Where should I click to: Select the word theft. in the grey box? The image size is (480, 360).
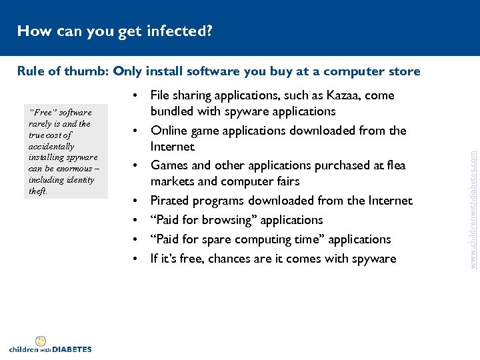[38, 191]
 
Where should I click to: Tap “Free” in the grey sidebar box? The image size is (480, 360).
[40, 113]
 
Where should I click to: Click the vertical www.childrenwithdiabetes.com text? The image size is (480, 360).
[473, 200]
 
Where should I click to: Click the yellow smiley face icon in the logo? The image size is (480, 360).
[40, 341]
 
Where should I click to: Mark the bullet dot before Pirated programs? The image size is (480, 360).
[136, 201]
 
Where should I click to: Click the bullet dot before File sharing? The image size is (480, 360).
[136, 95]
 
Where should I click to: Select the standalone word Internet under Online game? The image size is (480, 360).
[172, 147]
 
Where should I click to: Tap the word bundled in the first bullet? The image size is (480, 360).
[171, 111]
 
